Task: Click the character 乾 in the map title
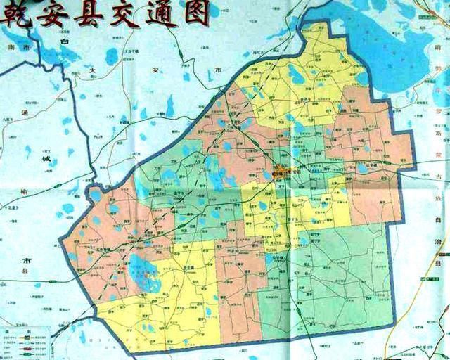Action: (15, 14)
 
